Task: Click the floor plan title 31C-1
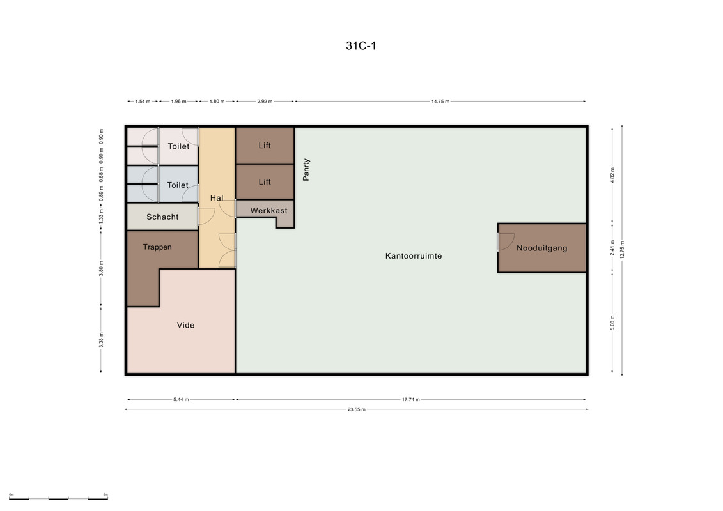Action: (x=361, y=45)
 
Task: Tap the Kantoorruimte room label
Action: (x=414, y=256)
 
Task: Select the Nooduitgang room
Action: (x=542, y=248)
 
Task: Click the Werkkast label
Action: (x=269, y=211)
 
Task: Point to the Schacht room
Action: (x=162, y=217)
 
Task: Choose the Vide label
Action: (x=186, y=325)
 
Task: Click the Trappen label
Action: (x=157, y=247)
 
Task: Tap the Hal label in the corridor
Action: (x=217, y=197)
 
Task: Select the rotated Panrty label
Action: (x=306, y=169)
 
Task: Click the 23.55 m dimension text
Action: (x=357, y=409)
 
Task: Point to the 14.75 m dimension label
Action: (x=440, y=102)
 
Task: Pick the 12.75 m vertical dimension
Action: (x=622, y=250)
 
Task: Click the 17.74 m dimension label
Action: (x=411, y=399)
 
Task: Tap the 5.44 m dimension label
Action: (x=181, y=399)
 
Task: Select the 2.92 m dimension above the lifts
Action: (x=265, y=102)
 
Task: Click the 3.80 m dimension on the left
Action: (x=102, y=269)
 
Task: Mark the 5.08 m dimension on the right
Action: (x=612, y=323)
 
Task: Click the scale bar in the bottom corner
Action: (x=58, y=498)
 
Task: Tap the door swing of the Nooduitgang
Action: (x=506, y=241)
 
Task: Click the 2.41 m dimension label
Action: (x=612, y=248)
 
